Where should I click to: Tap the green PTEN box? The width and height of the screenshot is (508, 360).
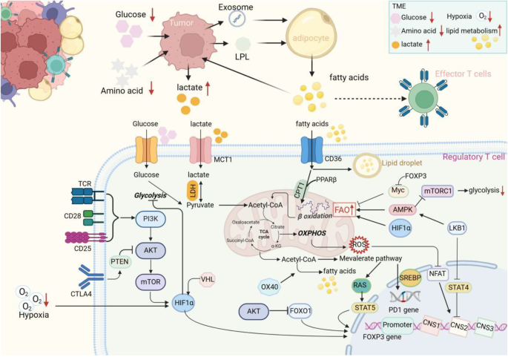120,261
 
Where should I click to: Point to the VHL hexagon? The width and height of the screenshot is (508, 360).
208,280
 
